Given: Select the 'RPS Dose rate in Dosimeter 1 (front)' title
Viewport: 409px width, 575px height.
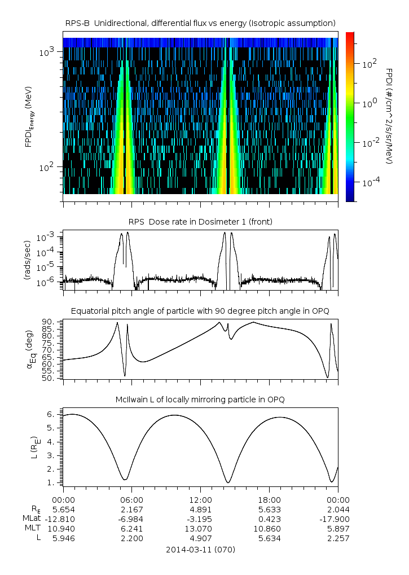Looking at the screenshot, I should [x=200, y=222].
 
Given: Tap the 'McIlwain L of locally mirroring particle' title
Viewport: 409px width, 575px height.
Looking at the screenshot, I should [x=200, y=400].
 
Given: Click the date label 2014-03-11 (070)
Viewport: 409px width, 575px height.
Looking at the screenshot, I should [x=200, y=549].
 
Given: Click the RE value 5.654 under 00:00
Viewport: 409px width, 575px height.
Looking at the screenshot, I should [x=63, y=509].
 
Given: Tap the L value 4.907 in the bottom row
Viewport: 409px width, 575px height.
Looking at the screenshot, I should [x=200, y=538].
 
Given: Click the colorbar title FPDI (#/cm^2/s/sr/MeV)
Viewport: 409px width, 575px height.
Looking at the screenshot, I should [x=389, y=116].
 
